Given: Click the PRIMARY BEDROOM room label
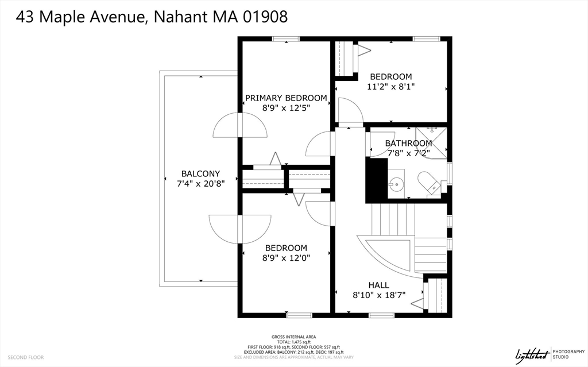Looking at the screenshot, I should pos(286,98).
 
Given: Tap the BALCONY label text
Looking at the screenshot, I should pos(200,173).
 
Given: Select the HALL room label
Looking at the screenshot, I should pos(378,285).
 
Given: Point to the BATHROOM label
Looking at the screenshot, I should pos(408,143).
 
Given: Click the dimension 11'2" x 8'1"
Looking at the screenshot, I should pos(390,87).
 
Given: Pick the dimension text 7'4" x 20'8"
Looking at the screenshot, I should pos(200,184).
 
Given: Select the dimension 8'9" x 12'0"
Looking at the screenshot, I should pos(286,258).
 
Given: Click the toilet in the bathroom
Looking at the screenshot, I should pos(428,183).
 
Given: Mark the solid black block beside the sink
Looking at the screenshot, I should pos(377,180).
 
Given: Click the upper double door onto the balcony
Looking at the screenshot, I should pos(240,125).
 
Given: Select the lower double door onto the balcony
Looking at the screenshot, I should pos(240,228).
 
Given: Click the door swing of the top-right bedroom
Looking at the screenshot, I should pos(349,111).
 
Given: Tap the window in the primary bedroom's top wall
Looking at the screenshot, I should pos(285,39).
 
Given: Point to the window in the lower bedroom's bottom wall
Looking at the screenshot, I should pos(299,315).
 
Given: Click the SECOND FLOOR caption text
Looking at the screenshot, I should pos(26,357).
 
